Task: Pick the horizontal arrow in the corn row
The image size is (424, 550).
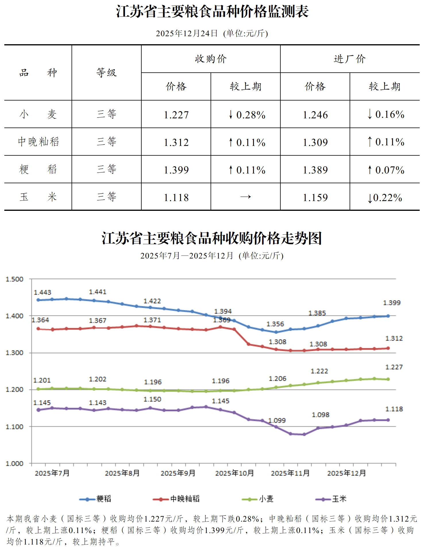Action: point(246,197)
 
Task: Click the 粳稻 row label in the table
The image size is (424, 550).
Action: point(38,169)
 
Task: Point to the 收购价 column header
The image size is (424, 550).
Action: point(211,59)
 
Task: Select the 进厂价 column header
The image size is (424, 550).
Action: point(350,59)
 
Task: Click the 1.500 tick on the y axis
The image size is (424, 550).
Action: point(15,279)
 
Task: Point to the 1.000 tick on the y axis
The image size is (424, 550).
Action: point(15,464)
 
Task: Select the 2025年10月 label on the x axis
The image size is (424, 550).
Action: point(234,473)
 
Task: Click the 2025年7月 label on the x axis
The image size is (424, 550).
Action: point(52,473)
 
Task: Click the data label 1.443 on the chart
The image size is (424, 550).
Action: point(43,292)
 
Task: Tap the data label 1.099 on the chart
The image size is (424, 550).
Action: point(277,420)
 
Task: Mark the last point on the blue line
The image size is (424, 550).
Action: point(388,316)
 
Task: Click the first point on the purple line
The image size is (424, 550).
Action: point(38,410)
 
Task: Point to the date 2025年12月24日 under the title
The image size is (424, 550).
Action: point(187,34)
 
